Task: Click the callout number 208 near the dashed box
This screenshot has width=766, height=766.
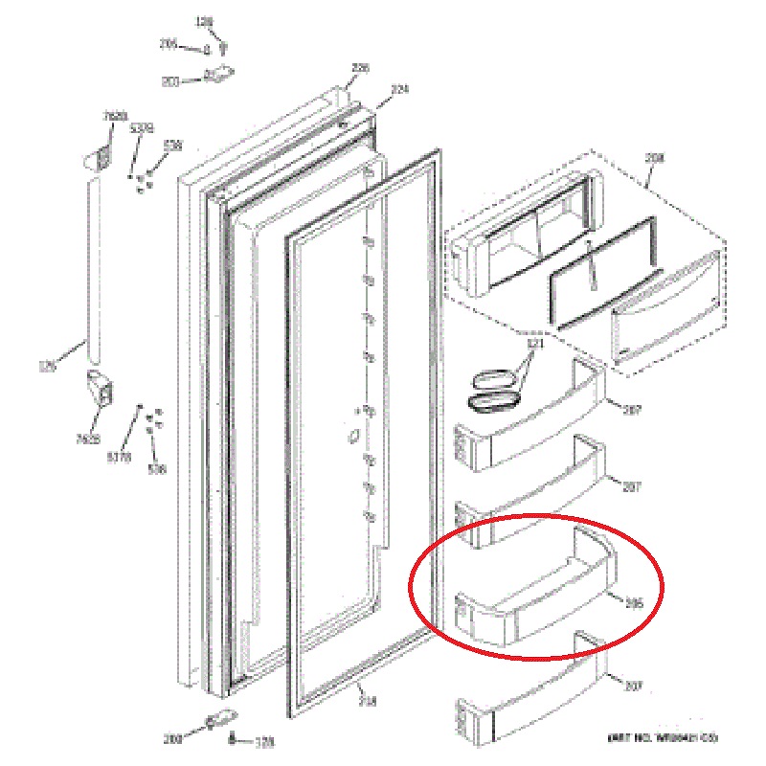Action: pos(653,158)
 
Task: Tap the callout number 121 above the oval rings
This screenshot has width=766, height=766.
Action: pos(535,343)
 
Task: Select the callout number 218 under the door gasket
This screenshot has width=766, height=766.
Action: pos(368,702)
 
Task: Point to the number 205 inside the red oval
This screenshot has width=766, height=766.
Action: pos(633,603)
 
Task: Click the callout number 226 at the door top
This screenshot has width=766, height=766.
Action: pos(360,68)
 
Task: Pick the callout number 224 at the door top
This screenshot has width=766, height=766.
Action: pos(399,89)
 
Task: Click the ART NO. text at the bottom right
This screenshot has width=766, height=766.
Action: pos(663,738)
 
